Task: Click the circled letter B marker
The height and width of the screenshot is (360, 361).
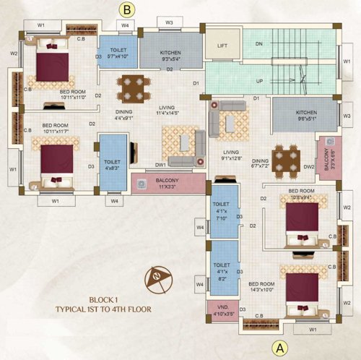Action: [x=127, y=9]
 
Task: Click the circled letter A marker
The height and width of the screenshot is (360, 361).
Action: [x=279, y=348]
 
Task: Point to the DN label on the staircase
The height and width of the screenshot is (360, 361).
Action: [x=260, y=43]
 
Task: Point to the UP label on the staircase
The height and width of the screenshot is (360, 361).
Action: [x=260, y=80]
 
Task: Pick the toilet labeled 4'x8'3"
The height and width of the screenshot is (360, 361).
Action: [x=112, y=166]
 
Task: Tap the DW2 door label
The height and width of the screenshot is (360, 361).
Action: [x=310, y=167]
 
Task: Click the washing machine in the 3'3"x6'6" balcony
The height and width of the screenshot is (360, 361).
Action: [x=330, y=142]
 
